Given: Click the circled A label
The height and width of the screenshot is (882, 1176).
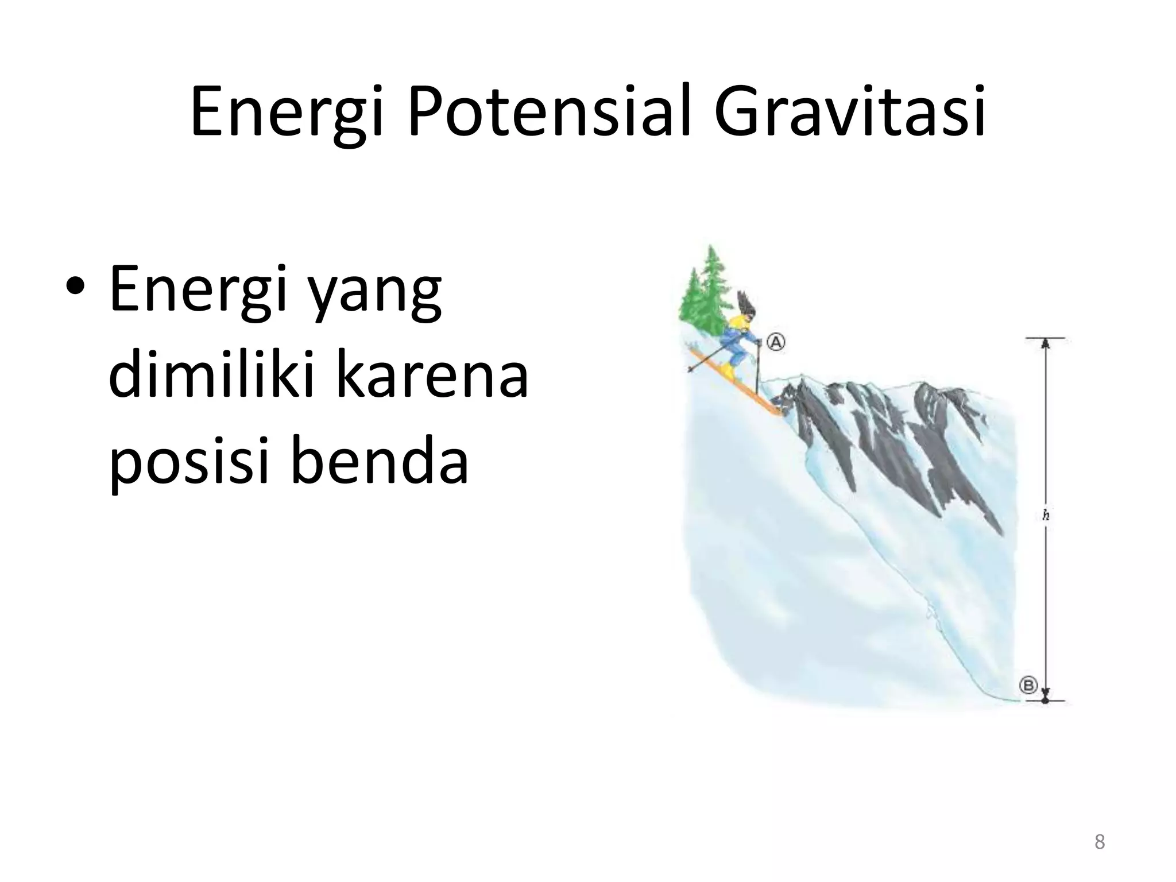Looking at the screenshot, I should pyautogui.click(x=776, y=342).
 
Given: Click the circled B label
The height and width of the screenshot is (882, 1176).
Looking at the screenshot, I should pyautogui.click(x=1028, y=685).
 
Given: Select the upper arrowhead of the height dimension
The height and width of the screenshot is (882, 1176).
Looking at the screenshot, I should pyautogui.click(x=1045, y=343).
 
